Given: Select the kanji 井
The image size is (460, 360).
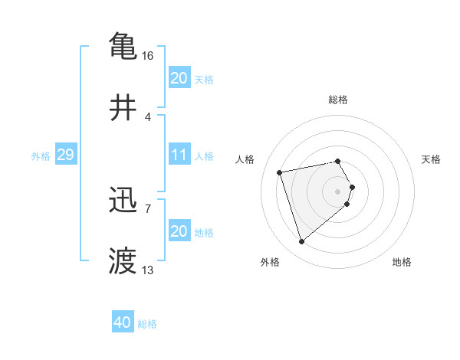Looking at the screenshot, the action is [x=123, y=108].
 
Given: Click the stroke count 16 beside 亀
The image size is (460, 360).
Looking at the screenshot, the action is [x=147, y=56].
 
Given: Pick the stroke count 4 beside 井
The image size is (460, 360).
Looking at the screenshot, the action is [x=147, y=116].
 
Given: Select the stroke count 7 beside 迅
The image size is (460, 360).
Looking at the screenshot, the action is [x=147, y=208].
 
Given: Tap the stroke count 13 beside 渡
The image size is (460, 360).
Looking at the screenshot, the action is [x=147, y=270].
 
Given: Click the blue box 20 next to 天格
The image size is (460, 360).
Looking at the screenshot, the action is [x=179, y=78].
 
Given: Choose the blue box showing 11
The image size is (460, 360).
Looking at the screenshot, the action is [x=179, y=155].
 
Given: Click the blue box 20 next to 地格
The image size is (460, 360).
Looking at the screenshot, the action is [x=179, y=231].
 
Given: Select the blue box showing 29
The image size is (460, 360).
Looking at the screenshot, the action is [x=65, y=155].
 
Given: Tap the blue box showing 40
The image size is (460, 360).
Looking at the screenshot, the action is [x=123, y=322].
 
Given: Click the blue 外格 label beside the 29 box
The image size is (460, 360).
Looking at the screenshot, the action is [x=41, y=156].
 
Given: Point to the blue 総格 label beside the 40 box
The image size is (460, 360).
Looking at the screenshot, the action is [x=147, y=324].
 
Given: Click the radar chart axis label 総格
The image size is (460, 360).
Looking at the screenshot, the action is [x=338, y=100].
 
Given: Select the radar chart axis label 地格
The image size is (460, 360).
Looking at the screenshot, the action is [x=402, y=262].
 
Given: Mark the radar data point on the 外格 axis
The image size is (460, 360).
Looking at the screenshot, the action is [x=302, y=242].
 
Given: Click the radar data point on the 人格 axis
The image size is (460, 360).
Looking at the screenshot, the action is [x=280, y=172].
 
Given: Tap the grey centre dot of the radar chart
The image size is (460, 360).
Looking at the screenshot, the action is [x=338, y=191].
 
